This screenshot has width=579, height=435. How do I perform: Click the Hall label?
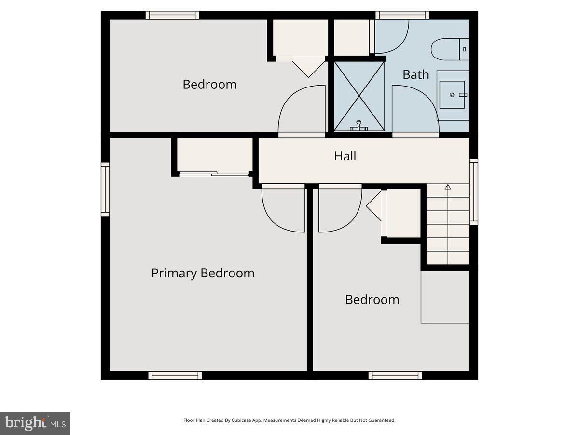345,156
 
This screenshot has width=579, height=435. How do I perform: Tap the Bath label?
415,74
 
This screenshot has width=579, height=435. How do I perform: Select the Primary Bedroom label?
203,273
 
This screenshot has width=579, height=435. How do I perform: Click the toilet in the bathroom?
450,49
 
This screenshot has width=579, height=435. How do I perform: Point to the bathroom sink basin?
452,95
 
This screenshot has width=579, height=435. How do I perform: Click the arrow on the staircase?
448,187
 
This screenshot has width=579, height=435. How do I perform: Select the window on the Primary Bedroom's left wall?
105,189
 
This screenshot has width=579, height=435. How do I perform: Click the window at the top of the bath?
402,15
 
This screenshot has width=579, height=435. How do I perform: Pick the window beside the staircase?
474,192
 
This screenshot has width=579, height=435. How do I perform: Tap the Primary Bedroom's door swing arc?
284,210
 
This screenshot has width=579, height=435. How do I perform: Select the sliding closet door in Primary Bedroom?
214,174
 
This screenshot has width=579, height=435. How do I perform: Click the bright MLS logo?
35,423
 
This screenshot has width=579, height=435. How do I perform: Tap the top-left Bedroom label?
209,85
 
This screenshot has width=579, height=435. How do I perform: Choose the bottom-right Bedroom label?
372,300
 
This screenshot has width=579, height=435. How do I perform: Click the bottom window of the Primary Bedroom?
175,376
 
